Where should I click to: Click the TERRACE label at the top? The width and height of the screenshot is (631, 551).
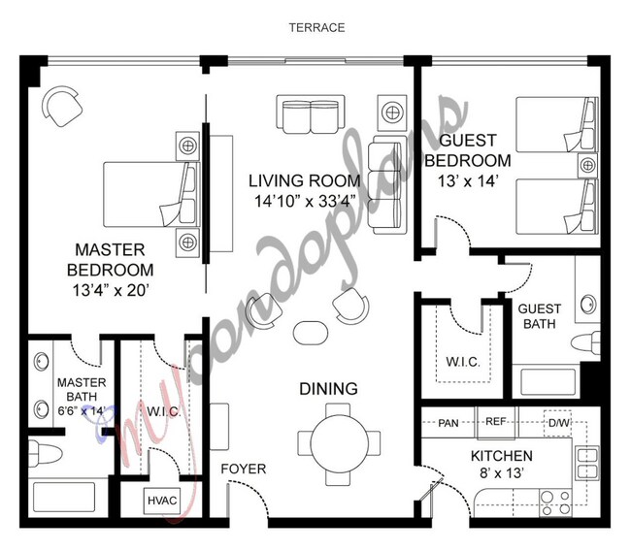tap(315, 27)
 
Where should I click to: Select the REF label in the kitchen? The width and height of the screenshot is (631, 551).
tap(495, 422)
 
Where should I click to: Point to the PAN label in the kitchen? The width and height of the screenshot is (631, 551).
tap(448, 422)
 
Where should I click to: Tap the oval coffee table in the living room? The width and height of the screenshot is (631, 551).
tap(311, 329)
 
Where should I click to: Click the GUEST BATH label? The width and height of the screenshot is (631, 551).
tap(539, 317)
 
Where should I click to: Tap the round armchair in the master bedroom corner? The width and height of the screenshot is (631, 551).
tap(62, 106)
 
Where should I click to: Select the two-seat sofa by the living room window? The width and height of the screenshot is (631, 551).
tap(309, 115)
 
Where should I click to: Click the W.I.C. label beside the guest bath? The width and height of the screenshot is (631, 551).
tap(462, 362)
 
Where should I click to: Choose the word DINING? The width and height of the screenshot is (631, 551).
tap(327, 389)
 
